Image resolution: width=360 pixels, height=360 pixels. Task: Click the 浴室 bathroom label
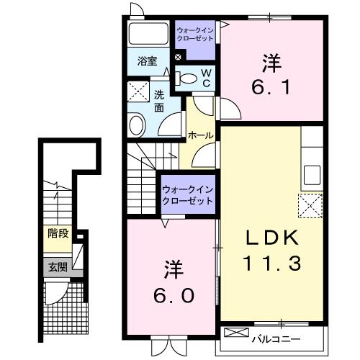coord(147,61)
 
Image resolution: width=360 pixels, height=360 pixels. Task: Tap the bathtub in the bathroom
coord(149,34)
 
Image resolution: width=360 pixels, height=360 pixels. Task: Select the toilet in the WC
coord(186,78)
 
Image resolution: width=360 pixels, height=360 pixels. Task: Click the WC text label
coord(206,78)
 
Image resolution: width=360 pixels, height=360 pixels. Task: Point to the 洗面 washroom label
coord(159,102)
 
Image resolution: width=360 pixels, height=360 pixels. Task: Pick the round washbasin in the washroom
coord(137,125)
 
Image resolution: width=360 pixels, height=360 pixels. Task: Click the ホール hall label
coord(201,135)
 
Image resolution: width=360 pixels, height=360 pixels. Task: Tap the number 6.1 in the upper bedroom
coord(271,87)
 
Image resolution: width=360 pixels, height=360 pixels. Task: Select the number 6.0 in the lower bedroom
coord(174,295)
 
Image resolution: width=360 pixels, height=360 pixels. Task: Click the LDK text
coord(271,238)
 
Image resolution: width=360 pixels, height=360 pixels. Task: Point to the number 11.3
coord(271,264)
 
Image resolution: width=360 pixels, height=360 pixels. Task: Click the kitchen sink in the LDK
coord(312,175)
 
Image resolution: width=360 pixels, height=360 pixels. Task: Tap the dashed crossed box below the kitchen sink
coord(310,206)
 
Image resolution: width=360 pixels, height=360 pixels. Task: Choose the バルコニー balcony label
coord(276,339)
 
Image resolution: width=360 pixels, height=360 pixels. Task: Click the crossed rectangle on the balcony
coord(236,333)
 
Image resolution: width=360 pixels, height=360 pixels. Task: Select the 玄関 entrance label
coord(58,267)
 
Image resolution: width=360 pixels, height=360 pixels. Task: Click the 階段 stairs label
coord(58,233)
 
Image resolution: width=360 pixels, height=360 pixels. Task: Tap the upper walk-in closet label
coord(195,35)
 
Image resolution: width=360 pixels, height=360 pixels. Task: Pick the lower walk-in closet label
coord(188,195)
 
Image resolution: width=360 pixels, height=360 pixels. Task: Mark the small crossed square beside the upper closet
coord(178,57)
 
